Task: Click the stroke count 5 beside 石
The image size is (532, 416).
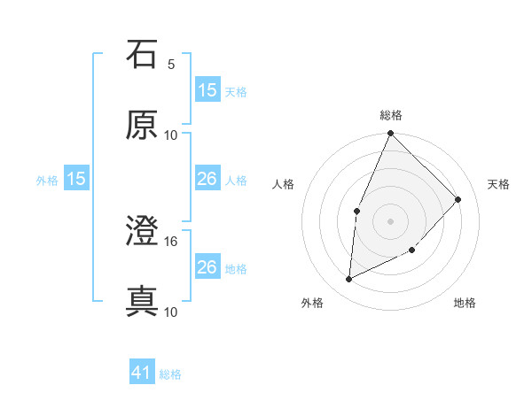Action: (171, 64)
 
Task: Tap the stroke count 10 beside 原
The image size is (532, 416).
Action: (171, 135)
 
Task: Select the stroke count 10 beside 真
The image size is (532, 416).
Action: (171, 312)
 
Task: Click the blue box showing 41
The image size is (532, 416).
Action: (142, 373)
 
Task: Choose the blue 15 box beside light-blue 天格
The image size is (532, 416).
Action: (207, 89)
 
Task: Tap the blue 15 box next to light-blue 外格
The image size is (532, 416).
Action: (76, 179)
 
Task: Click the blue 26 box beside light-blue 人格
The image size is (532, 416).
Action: (207, 179)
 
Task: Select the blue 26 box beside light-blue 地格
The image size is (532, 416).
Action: (207, 267)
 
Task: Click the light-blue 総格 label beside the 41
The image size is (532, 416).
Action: (170, 374)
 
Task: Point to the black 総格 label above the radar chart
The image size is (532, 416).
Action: (391, 115)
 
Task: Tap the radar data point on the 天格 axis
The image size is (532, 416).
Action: (458, 199)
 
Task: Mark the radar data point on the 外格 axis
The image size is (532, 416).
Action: (349, 279)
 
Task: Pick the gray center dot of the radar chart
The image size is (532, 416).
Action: (391, 221)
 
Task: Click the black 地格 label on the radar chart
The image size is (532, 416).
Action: (465, 303)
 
